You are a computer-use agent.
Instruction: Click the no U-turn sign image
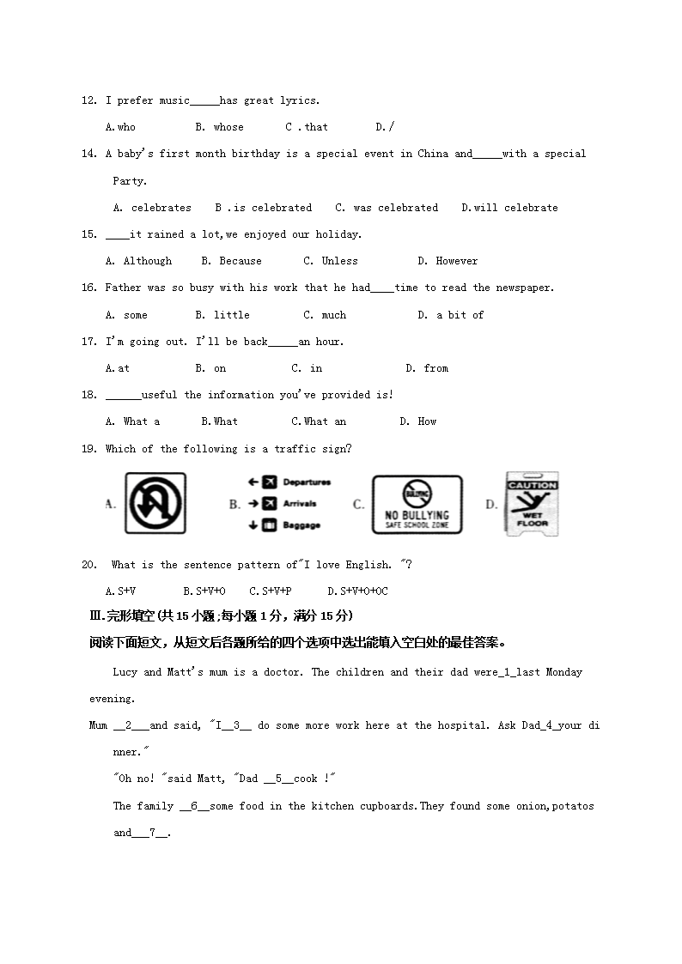tap(155, 503)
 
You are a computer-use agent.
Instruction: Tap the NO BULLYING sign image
tap(417, 505)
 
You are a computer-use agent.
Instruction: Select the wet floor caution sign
tap(533, 503)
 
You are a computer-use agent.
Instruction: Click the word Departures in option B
tap(307, 482)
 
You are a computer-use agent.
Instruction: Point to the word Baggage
tap(301, 525)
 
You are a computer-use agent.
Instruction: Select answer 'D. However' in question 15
tap(448, 261)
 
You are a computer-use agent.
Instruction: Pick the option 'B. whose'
tap(219, 127)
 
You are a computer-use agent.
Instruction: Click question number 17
tap(88, 342)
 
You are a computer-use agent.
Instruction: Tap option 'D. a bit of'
tap(450, 315)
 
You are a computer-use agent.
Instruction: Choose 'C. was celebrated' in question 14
tap(387, 208)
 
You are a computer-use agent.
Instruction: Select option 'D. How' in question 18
tap(417, 421)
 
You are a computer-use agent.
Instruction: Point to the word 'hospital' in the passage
tap(465, 725)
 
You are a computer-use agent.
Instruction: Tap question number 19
tap(88, 449)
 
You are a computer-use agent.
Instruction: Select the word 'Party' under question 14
tap(129, 181)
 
